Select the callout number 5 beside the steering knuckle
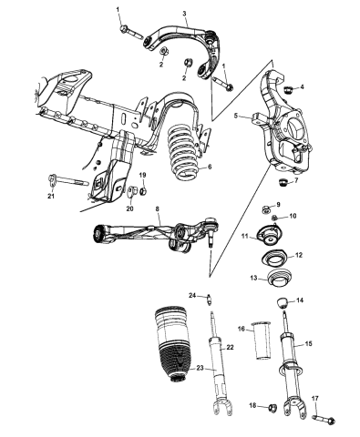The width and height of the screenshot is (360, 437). coord(235,116)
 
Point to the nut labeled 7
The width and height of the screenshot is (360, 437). coord(293,183)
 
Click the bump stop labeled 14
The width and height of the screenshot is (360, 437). coord(282,300)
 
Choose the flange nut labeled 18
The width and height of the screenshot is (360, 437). coord(270,407)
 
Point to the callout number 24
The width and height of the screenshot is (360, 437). coord(192,294)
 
